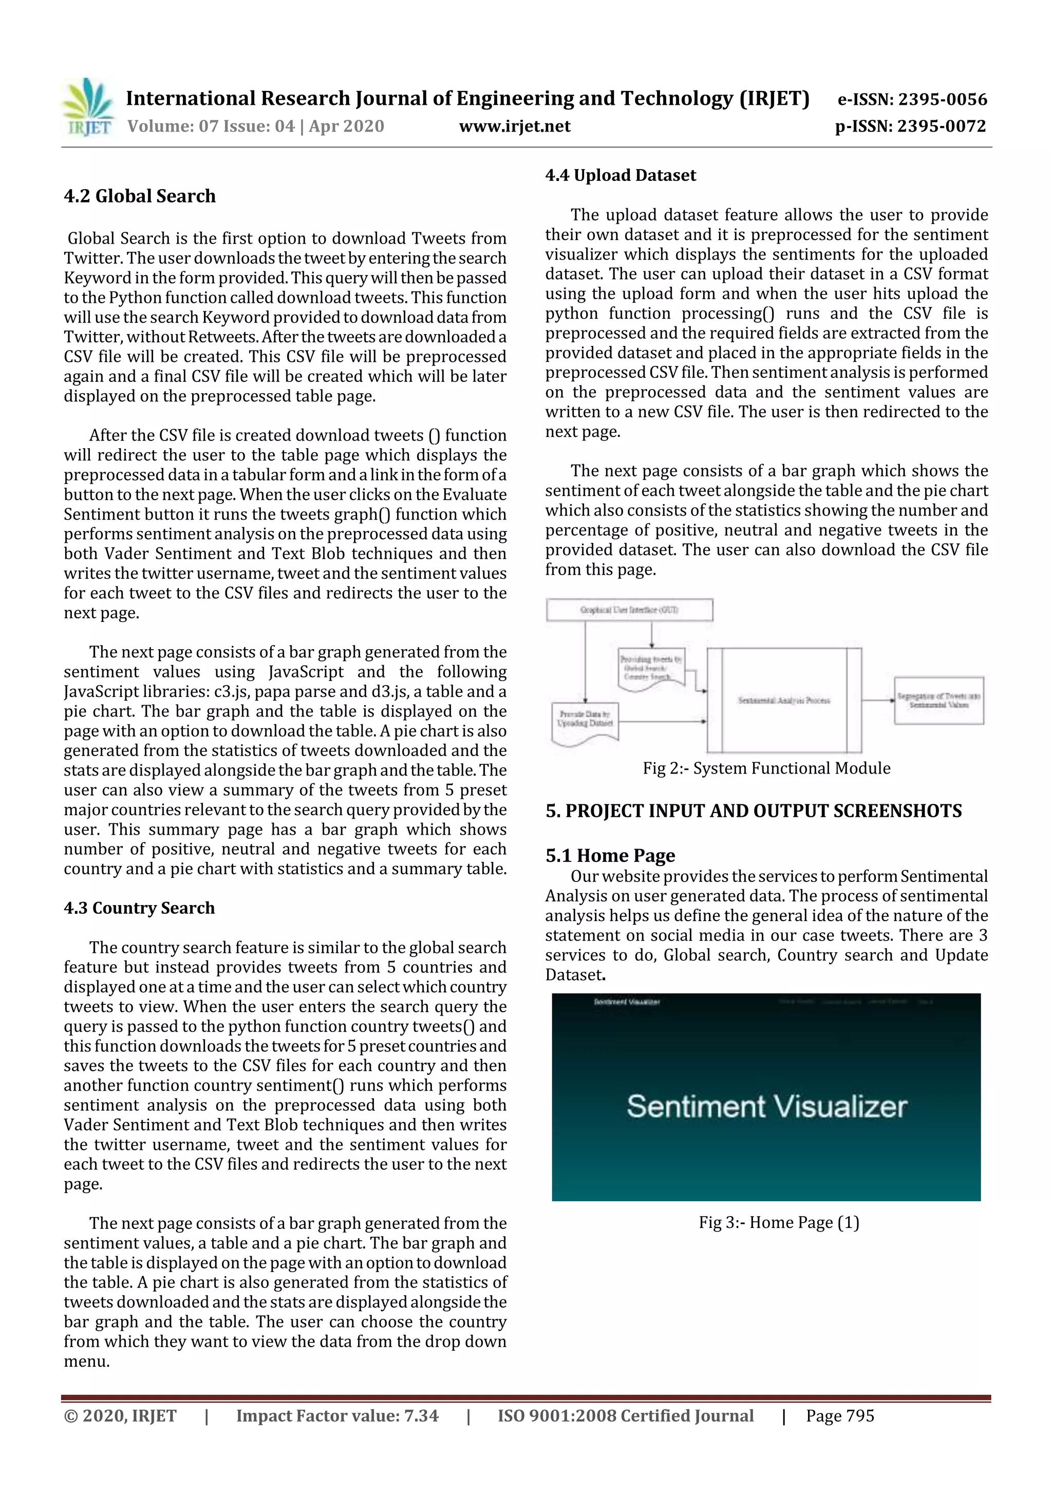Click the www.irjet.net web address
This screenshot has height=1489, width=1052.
pos(515,126)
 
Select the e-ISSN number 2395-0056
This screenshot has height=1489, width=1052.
pos(912,99)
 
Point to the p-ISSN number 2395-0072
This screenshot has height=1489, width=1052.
pos(910,126)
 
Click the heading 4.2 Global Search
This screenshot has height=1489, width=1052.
pos(139,196)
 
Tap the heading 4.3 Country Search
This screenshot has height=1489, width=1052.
pos(139,907)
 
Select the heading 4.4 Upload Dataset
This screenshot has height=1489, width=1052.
pos(621,175)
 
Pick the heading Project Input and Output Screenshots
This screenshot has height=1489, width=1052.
pos(753,811)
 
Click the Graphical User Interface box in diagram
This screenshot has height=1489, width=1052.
pos(629,610)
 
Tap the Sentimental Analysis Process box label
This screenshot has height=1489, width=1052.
pos(784,701)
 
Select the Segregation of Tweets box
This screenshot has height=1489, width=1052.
pos(938,701)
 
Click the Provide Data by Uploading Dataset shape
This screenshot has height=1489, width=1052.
pos(585,721)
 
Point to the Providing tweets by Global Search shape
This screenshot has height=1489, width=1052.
pos(651,668)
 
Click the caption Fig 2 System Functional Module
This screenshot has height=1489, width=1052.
pos(766,768)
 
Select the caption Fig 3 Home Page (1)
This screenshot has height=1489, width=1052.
pos(778,1222)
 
